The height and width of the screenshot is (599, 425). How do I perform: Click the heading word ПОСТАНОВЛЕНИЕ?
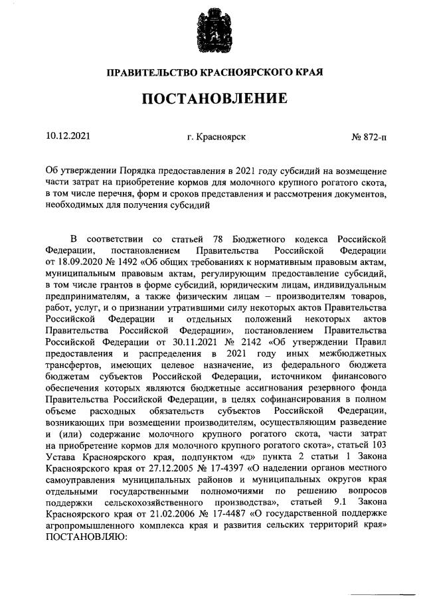(212, 100)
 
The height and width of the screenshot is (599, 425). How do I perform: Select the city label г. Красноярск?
(216, 137)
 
